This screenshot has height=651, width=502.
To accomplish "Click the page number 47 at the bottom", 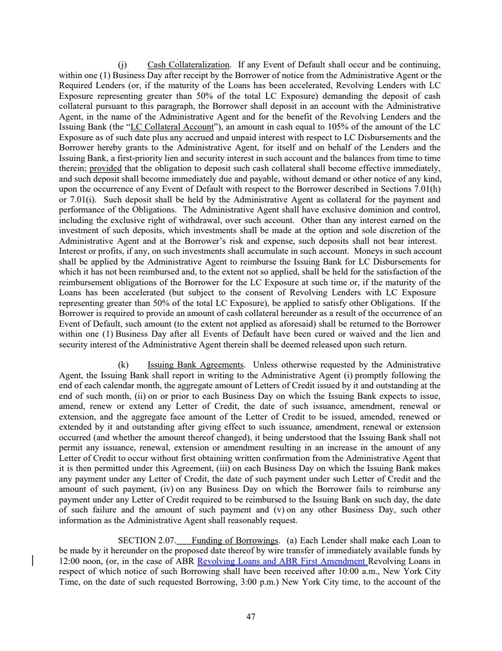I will pyautogui.click(x=251, y=617).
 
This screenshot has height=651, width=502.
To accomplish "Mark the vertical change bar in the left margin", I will pyautogui.click(x=33, y=560).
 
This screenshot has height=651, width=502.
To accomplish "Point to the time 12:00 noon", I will pyautogui.click(x=82, y=560).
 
